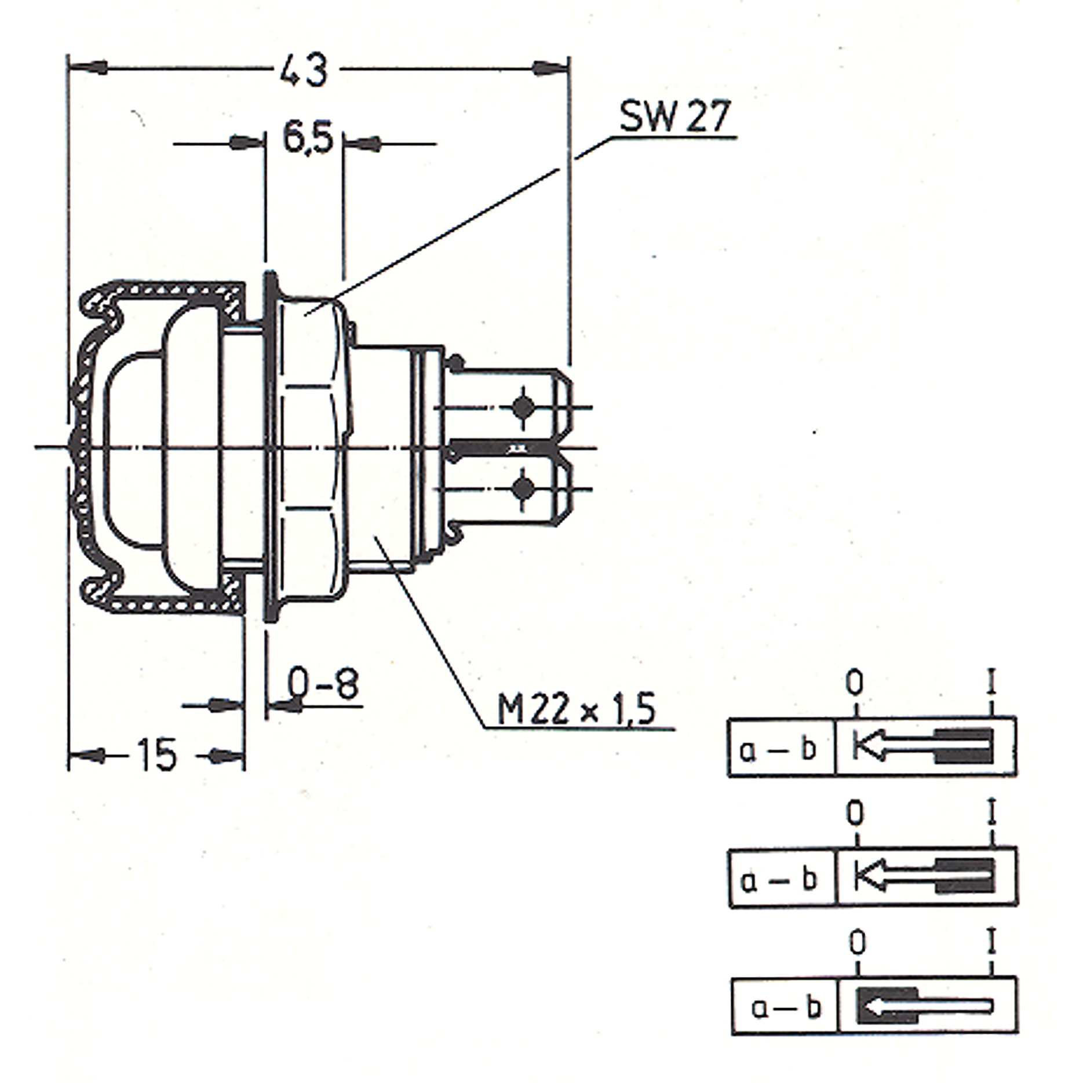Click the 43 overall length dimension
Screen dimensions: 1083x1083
pyautogui.click(x=304, y=71)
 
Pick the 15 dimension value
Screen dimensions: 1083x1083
pyautogui.click(x=156, y=755)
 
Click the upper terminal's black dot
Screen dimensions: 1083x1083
pyautogui.click(x=523, y=407)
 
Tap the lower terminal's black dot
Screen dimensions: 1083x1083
pyautogui.click(x=523, y=488)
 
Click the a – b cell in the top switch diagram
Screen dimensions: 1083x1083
pyautogui.click(x=781, y=747)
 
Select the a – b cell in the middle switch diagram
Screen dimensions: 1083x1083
pyautogui.click(x=782, y=878)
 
